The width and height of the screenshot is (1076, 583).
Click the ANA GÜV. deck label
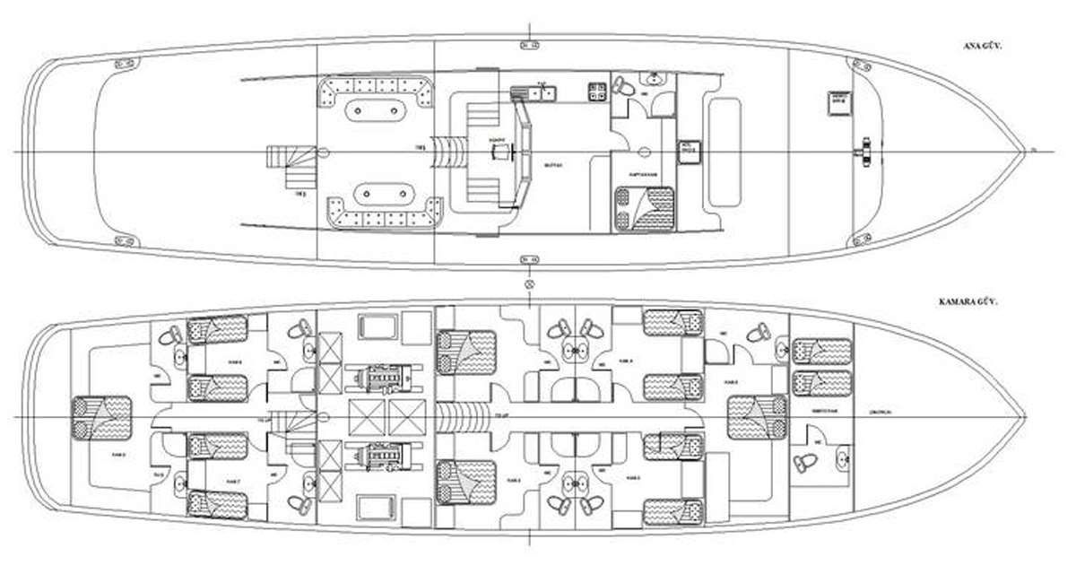click(x=975, y=43)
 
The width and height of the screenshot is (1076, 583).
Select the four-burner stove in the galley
click(x=596, y=90)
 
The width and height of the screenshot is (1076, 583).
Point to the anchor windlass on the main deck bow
click(x=866, y=150)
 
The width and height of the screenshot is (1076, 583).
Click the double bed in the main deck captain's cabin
click(x=644, y=208)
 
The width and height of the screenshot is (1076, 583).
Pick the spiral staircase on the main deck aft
click(x=291, y=168)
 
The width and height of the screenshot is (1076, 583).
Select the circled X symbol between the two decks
click(x=529, y=284)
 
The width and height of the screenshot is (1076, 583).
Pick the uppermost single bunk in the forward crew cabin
click(x=820, y=350)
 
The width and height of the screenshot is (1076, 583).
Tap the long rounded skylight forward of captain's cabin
click(x=725, y=150)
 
